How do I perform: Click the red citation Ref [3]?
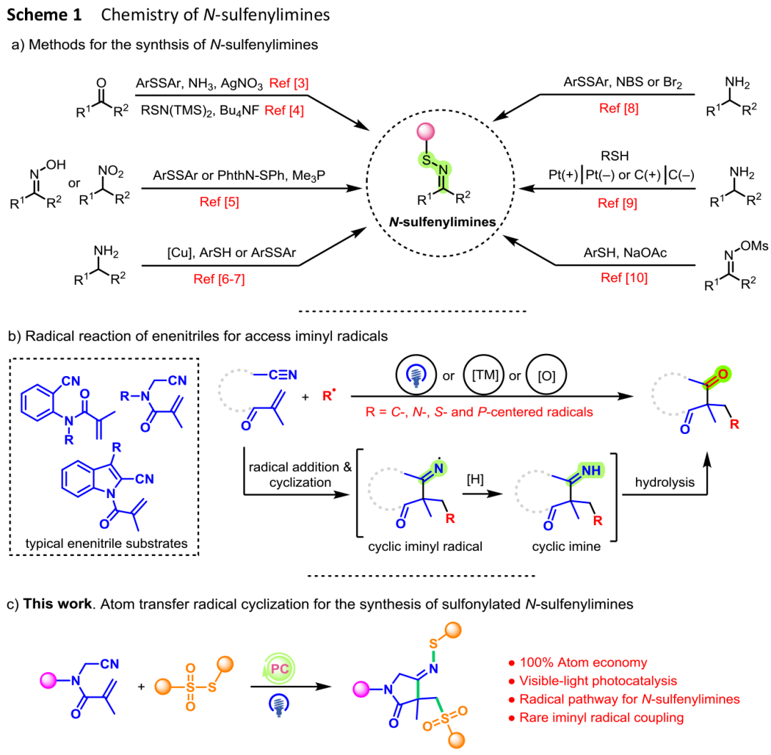(289, 83)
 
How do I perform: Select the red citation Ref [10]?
(624, 278)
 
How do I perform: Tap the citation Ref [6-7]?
(219, 279)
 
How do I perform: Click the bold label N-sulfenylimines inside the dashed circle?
(443, 222)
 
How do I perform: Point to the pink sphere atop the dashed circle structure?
(425, 132)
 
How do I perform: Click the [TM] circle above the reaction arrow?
(484, 375)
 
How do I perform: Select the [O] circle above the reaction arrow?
(546, 375)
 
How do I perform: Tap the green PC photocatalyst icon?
(279, 669)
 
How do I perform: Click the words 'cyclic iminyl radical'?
(425, 547)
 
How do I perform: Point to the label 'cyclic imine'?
(566, 547)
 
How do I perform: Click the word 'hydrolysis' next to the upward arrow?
(665, 482)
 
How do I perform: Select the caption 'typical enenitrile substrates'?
(106, 544)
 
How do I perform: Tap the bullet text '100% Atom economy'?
(583, 663)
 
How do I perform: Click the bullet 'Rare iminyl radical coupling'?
(601, 718)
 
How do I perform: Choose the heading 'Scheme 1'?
(44, 15)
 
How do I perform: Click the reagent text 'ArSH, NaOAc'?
(625, 253)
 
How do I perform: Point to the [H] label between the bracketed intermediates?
(475, 479)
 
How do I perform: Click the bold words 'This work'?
(58, 604)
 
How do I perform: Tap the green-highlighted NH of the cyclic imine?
(590, 470)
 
